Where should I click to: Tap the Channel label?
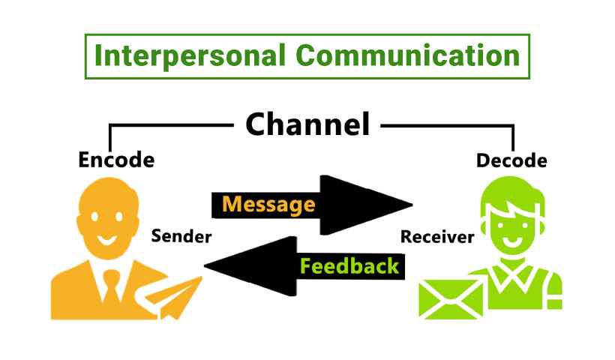click(x=307, y=124)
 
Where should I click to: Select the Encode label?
click(x=116, y=160)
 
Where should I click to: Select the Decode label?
click(x=511, y=160)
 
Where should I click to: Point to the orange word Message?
click(x=268, y=204)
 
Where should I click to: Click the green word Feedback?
click(x=349, y=265)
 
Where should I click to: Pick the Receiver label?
click(x=437, y=238)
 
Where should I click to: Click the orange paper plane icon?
click(x=176, y=296)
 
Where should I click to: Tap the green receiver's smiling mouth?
click(x=511, y=242)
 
